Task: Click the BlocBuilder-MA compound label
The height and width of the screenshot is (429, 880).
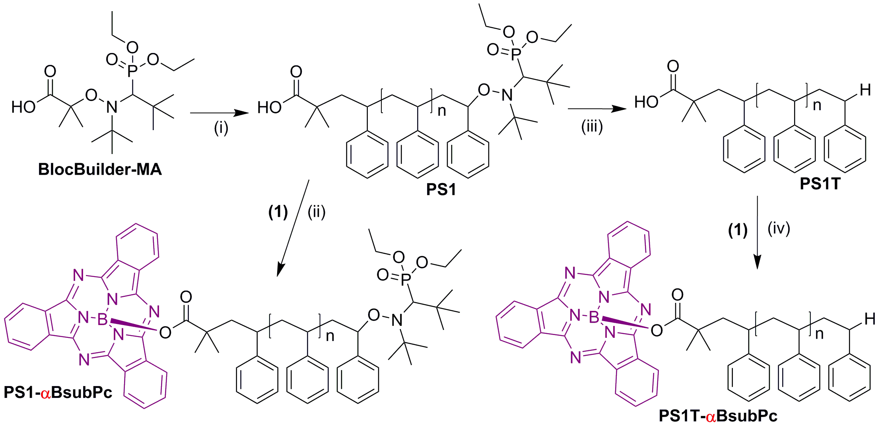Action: coord(100,170)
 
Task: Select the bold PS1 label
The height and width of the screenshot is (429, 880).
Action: coord(441,189)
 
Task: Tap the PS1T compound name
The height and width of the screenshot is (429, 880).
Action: coord(820,184)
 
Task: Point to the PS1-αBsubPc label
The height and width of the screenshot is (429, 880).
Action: coord(58,392)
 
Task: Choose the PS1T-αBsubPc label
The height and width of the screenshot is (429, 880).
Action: coord(718,416)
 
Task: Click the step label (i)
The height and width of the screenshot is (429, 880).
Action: coord(221,128)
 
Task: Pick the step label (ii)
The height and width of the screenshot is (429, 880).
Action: coord(317,212)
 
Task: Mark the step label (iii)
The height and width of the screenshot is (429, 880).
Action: coord(592,127)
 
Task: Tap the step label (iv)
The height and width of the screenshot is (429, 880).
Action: coord(779,228)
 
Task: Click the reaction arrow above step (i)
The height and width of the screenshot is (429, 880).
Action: coord(220,113)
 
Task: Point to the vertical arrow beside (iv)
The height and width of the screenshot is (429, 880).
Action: coord(758,232)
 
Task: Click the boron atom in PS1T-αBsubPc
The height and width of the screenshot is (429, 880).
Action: coord(594,318)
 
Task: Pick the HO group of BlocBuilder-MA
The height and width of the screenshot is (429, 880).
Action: coord(23,107)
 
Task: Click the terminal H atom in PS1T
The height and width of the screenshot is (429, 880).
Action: coord(865,90)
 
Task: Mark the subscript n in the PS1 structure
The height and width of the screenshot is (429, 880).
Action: coord(442,111)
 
